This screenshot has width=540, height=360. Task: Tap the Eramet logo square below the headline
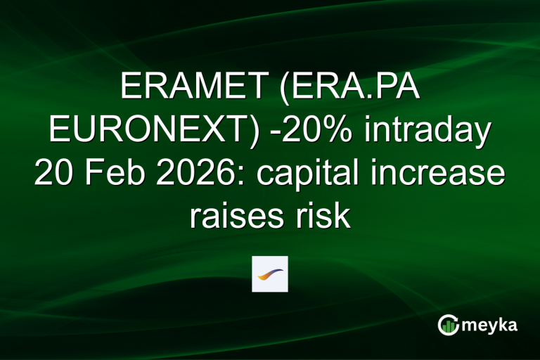(270, 274)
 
